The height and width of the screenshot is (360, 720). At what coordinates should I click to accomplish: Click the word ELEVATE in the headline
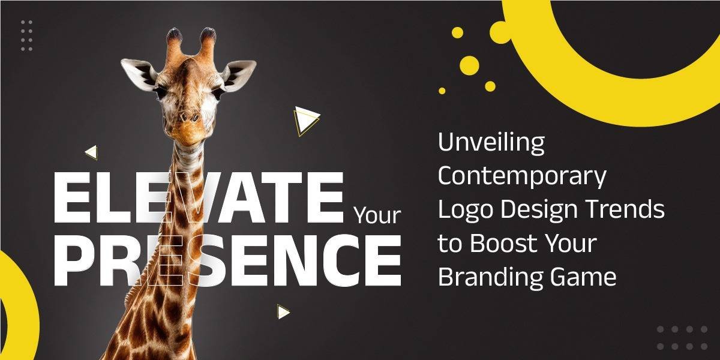[199, 197]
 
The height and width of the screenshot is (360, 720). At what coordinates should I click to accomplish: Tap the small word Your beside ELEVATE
[377, 216]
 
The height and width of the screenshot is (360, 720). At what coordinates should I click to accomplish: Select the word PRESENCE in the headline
[227, 260]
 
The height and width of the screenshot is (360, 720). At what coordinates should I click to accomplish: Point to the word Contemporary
[522, 178]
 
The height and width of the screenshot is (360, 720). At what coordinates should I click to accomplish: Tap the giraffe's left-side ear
[139, 74]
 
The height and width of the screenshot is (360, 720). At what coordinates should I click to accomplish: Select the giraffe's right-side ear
[239, 74]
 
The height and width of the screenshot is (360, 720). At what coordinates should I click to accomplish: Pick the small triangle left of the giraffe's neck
[92, 152]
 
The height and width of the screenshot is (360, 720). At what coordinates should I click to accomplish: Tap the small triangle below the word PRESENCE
[283, 311]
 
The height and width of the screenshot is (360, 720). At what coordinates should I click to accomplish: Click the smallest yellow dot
[442, 91]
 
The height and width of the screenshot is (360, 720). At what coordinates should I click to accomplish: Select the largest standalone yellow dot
[469, 65]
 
